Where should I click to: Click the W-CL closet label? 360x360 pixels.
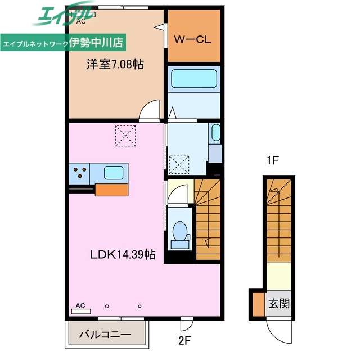[x=192, y=40]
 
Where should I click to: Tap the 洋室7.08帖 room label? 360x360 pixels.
[x=115, y=64]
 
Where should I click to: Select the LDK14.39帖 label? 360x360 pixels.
[x=123, y=254]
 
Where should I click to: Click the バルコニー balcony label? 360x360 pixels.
[x=105, y=334]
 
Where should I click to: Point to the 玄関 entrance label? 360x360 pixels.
[x=279, y=304]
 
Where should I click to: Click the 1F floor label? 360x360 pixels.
[x=272, y=160]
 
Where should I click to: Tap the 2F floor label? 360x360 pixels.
[x=184, y=341]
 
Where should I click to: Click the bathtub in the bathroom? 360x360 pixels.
[x=194, y=79]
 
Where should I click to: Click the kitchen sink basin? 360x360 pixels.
[x=114, y=173]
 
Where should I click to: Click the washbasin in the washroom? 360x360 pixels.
[x=215, y=133]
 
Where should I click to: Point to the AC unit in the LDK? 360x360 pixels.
[x=81, y=312]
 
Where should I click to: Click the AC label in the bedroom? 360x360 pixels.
[x=81, y=21]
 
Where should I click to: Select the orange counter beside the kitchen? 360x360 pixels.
[x=111, y=190]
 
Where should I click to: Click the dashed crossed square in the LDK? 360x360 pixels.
[x=125, y=136]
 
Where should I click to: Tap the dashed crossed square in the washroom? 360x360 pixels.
[x=179, y=165]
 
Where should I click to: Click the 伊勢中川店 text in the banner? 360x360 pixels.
[x=96, y=43]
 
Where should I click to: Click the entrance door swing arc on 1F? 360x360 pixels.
[x=271, y=334]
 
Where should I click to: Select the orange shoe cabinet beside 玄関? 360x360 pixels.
[x=259, y=304]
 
